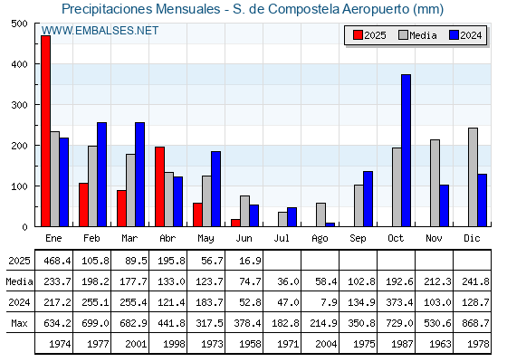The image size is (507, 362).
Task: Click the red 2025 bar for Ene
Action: [45, 131]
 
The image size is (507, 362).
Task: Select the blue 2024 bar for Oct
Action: [407, 150]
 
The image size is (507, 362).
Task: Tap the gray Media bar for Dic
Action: [473, 177]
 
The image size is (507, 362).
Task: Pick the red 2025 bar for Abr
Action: [159, 186]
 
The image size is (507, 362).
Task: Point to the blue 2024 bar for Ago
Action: [330, 224]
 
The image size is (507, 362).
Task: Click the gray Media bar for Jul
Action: [282, 219]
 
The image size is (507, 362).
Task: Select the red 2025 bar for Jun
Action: [235, 223]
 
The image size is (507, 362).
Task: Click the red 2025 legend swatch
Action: [358, 35]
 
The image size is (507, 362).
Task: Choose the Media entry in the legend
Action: [417, 35]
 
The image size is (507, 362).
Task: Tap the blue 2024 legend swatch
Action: [454, 35]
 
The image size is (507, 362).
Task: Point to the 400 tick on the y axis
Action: [20, 64]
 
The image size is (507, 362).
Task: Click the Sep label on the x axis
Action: [358, 239]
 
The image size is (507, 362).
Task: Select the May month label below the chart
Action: [206, 239]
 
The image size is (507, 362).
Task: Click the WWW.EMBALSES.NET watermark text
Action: [100, 31]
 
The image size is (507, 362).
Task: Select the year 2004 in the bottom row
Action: [326, 344]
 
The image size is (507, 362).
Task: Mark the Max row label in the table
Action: [19, 323]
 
